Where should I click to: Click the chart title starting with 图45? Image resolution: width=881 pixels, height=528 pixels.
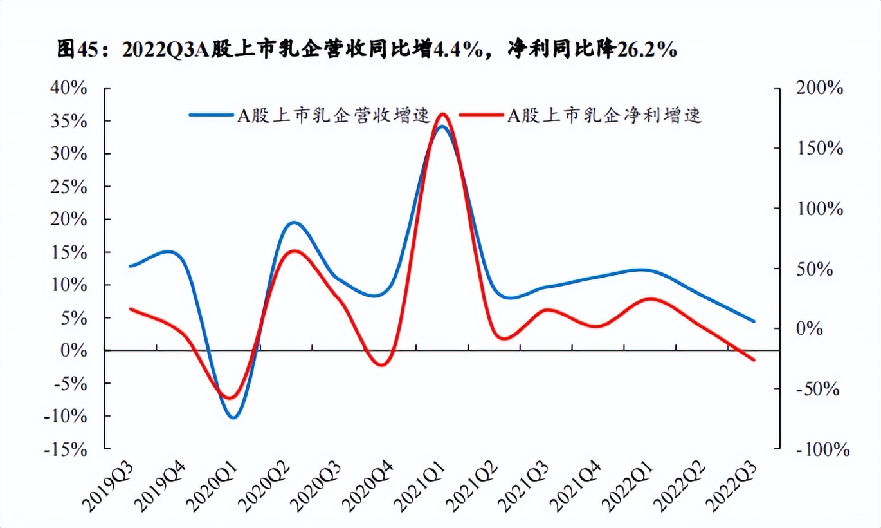pos(367,50)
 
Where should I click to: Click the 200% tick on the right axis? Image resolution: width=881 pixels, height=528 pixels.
pos(819,89)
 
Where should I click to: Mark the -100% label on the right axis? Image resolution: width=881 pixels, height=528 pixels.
pos(819,449)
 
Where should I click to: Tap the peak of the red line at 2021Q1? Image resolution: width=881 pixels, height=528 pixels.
pos(442,114)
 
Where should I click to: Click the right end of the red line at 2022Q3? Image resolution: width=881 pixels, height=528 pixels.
pos(753,360)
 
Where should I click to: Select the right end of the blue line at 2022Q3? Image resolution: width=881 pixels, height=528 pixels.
pos(753,321)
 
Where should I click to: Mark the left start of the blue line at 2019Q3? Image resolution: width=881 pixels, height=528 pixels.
pos(131,265)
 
